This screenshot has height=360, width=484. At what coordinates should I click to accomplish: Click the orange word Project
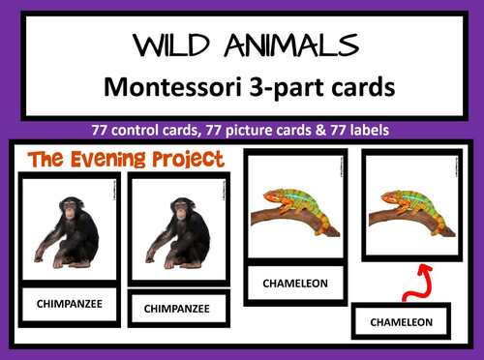pos(190,159)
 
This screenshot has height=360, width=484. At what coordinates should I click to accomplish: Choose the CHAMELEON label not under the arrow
pos(296,284)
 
